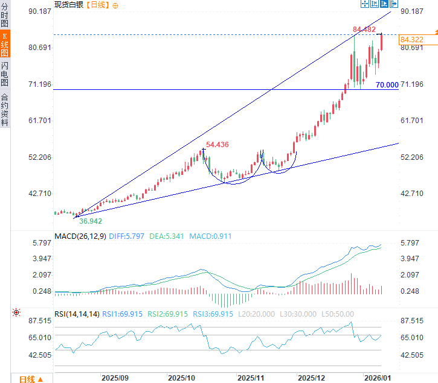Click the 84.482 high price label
365,28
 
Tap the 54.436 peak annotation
217,145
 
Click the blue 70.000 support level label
387,85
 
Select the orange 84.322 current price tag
411,40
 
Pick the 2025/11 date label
251,378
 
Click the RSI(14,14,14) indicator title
77,314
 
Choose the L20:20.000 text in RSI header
256,314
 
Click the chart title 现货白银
69,5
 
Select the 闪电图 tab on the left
5,74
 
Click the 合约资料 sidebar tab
5,109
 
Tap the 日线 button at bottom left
30,379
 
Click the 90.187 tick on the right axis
411,11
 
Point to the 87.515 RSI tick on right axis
411,320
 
